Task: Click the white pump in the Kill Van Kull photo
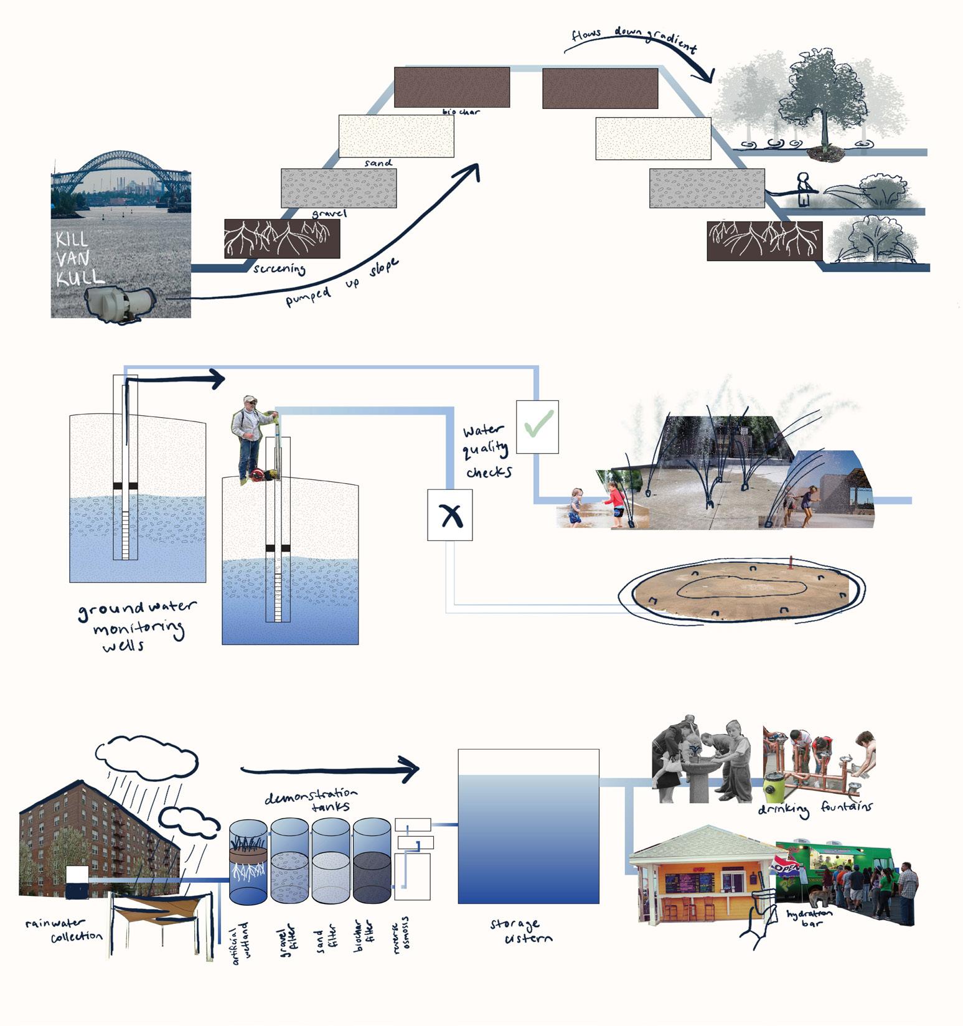pyautogui.click(x=118, y=304)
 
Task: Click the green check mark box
pyautogui.click(x=537, y=426)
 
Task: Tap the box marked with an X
pyautogui.click(x=449, y=515)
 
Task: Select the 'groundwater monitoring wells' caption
pyautogui.click(x=134, y=626)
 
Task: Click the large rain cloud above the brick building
pyautogui.click(x=146, y=754)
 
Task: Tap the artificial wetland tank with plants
pyautogui.click(x=248, y=862)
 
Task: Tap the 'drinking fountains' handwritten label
pyautogui.click(x=815, y=808)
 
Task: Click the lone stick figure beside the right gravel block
pyautogui.click(x=803, y=190)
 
